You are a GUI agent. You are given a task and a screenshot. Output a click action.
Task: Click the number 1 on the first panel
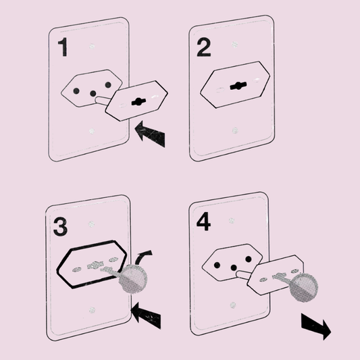[63, 47]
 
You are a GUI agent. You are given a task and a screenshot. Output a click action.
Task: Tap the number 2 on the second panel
[204, 47]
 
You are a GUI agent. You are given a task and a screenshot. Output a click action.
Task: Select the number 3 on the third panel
[60, 227]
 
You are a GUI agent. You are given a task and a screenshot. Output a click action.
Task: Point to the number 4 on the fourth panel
[204, 222]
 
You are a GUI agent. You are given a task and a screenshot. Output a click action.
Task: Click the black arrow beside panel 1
[151, 134]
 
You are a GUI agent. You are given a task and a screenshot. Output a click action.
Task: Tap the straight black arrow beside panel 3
[147, 315]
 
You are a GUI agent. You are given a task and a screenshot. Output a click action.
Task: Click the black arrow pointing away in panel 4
[316, 326]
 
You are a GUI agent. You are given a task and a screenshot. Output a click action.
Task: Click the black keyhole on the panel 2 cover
[238, 86]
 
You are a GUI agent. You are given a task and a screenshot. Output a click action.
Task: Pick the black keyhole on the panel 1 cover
[138, 102]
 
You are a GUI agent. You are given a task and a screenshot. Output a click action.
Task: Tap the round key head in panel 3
[133, 279]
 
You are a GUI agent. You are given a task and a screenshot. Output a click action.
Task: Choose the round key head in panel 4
[303, 287]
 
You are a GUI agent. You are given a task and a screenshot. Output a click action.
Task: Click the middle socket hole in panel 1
[93, 93]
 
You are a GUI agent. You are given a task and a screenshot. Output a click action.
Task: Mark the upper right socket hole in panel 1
[108, 85]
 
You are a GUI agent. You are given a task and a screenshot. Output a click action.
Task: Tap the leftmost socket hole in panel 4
[217, 265]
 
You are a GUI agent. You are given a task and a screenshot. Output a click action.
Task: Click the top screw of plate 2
[234, 45]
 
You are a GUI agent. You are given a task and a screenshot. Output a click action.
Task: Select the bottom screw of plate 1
[92, 131]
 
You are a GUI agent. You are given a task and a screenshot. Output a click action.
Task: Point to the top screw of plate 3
[91, 224]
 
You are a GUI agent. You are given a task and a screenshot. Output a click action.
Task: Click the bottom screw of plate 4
[233, 305]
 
